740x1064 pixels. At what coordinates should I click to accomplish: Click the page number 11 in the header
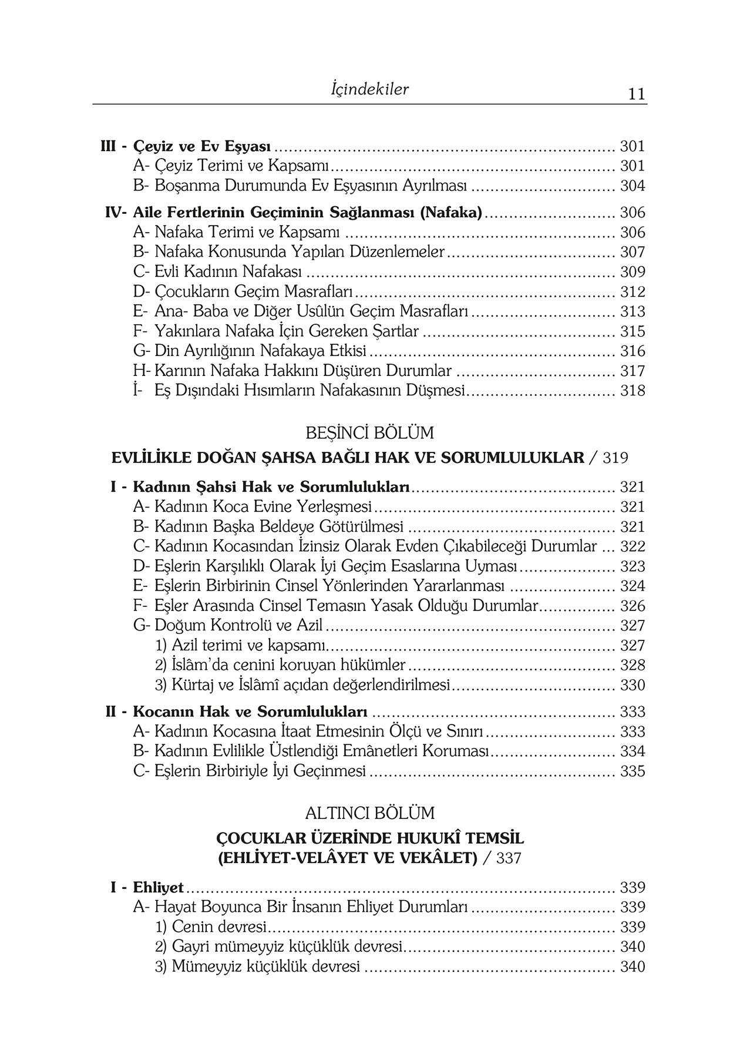point(636,94)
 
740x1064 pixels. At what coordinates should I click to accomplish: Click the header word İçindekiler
point(369,89)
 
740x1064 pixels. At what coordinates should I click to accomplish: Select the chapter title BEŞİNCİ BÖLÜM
point(369,433)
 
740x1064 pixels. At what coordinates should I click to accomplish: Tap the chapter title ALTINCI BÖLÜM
point(369,813)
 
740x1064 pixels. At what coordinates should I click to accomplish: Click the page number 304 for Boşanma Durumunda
point(633,186)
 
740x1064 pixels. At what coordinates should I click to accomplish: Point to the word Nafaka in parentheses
point(450,212)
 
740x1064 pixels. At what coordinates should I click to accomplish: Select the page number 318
point(633,391)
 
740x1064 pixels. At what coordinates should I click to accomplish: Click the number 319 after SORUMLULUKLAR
point(615,458)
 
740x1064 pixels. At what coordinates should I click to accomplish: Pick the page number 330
point(633,685)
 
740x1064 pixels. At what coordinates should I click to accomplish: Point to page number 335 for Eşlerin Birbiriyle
point(633,771)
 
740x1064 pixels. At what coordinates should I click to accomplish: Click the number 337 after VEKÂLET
point(509,858)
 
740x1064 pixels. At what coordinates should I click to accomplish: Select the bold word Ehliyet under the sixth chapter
point(158,887)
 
